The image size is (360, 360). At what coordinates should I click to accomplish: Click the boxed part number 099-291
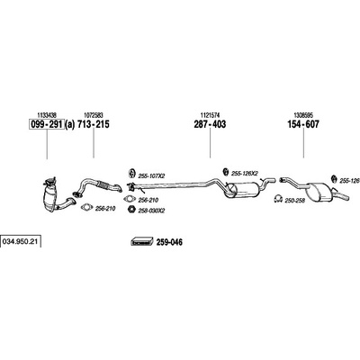coord(46,124)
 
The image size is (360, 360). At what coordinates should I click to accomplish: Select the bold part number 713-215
coord(94,124)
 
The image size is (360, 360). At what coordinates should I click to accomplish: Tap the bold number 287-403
coord(210,124)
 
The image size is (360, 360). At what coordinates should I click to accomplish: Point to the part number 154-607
coord(303,124)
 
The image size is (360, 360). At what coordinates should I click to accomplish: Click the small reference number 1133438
coord(47,115)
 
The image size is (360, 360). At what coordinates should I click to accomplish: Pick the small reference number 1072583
coord(94,115)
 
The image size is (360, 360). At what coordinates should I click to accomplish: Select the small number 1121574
coord(210,115)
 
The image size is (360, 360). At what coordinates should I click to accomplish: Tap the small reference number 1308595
coord(303,115)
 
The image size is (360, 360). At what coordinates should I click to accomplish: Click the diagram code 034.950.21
coord(21,241)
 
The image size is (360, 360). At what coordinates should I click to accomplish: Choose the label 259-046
coord(169,242)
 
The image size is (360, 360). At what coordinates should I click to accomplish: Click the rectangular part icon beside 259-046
coord(142,241)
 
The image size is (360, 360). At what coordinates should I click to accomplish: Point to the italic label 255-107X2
coord(151,176)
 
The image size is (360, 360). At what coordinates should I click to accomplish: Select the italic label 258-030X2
coord(151,211)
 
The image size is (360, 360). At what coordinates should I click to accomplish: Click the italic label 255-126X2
coord(245,174)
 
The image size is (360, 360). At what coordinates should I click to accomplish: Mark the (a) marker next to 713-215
coord(69,124)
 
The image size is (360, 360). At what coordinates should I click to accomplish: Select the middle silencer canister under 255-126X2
coord(244,190)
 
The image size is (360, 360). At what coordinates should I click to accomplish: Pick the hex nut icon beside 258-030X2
coord(131,210)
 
